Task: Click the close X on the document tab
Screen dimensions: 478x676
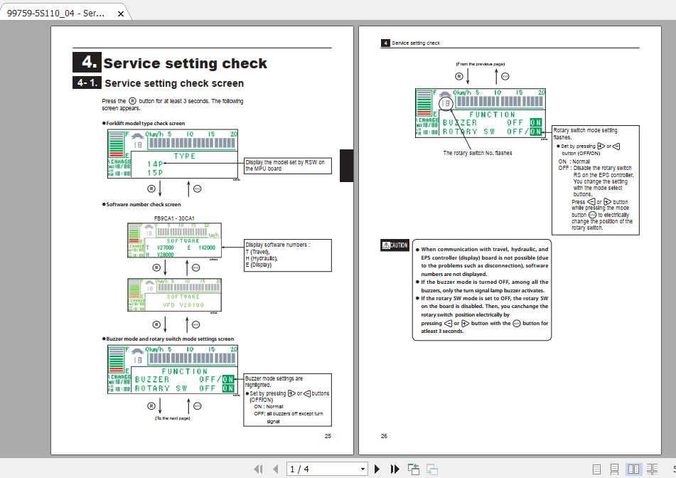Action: click(x=121, y=14)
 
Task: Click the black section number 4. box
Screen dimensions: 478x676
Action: click(x=87, y=62)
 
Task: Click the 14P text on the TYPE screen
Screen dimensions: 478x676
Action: click(x=154, y=164)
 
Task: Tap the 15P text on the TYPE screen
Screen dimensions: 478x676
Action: click(x=154, y=173)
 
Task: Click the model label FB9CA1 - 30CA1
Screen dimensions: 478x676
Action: click(x=174, y=218)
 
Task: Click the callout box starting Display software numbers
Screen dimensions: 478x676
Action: click(x=287, y=255)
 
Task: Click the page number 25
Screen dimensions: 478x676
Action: click(x=328, y=436)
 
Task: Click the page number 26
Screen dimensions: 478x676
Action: click(x=384, y=436)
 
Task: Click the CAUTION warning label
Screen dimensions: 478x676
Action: click(x=395, y=245)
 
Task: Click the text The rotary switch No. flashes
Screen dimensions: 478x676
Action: click(x=477, y=153)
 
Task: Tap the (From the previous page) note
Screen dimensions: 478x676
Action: click(x=480, y=64)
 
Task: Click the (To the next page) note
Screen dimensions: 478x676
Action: click(x=173, y=418)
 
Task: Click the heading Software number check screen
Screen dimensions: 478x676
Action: click(x=144, y=205)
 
